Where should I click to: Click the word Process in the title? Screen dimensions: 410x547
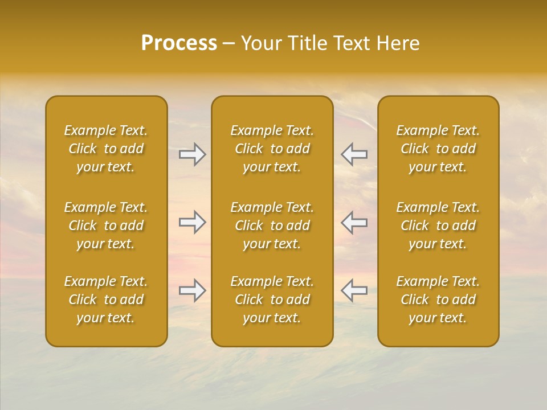pyautogui.click(x=179, y=43)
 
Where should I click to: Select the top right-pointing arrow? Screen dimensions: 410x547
pyautogui.click(x=192, y=154)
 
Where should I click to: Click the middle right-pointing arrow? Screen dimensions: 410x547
pyautogui.click(x=192, y=222)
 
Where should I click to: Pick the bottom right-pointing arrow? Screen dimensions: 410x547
pyautogui.click(x=192, y=290)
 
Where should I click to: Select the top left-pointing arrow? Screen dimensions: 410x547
pyautogui.click(x=354, y=154)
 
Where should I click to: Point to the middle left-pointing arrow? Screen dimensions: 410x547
pyautogui.click(x=354, y=222)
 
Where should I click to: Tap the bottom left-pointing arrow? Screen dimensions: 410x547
pyautogui.click(x=354, y=290)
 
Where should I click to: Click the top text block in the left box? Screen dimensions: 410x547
pyautogui.click(x=106, y=149)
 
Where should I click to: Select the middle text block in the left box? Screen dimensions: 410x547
pyautogui.click(x=106, y=225)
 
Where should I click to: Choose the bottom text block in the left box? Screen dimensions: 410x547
pyautogui.click(x=106, y=300)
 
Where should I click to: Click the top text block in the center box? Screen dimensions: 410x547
pyautogui.click(x=272, y=149)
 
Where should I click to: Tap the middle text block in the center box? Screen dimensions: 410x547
pyautogui.click(x=272, y=225)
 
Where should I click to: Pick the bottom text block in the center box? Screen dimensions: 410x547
pyautogui.click(x=272, y=300)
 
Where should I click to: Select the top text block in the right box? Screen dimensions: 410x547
pyautogui.click(x=438, y=149)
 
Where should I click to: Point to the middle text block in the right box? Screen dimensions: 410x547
pyautogui.click(x=438, y=225)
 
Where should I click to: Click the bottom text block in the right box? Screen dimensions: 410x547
pyautogui.click(x=438, y=300)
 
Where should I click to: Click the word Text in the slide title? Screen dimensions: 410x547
pyautogui.click(x=351, y=43)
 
